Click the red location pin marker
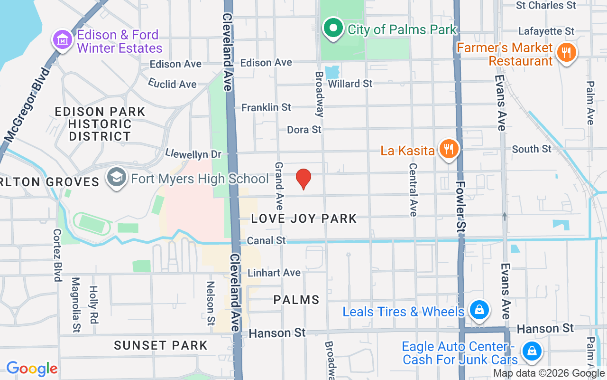point(303,179)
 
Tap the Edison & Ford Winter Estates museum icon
point(62,40)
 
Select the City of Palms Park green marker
point(333,28)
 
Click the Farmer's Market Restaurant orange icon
point(566,52)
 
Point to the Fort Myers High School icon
point(116,178)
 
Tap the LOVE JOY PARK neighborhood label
point(303,218)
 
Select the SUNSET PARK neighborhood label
point(161,345)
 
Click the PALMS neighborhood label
point(296,300)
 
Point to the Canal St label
point(267,240)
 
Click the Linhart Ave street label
point(274,273)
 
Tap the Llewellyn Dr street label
point(193,154)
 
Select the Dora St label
point(304,129)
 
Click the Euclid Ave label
point(172,84)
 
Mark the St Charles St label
point(546,6)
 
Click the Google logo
point(32,368)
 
